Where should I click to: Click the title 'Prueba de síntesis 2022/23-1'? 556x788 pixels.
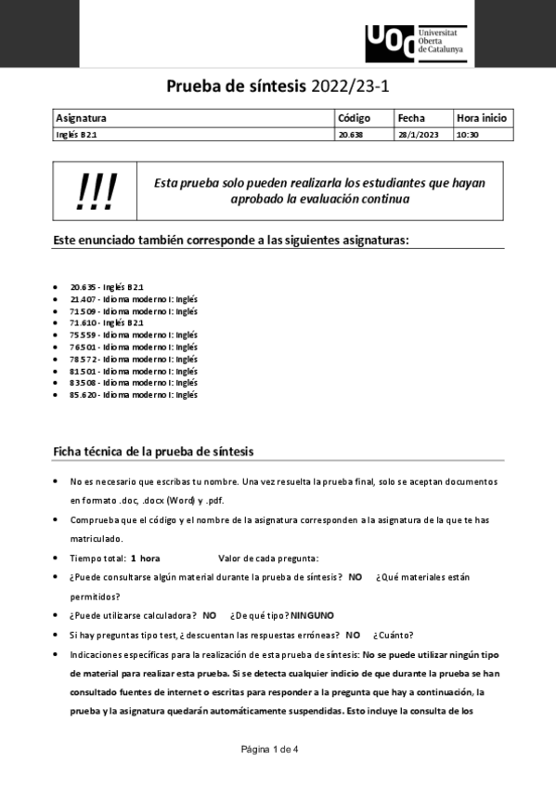(278, 86)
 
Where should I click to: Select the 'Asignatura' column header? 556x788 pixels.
(82, 118)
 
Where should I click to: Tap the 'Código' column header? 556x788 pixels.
(354, 118)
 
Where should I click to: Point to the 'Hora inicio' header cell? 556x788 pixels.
(481, 118)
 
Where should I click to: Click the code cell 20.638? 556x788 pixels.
(351, 134)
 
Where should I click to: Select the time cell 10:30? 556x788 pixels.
(467, 134)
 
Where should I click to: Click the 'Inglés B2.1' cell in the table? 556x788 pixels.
(77, 134)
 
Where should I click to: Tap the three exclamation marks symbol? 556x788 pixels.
(96, 191)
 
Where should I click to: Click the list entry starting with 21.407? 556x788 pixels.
(134, 299)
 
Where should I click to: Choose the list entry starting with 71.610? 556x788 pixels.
(107, 322)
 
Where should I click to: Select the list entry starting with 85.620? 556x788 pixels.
(134, 394)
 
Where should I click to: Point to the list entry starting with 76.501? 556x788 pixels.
(134, 347)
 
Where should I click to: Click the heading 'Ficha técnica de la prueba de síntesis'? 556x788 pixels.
(154, 451)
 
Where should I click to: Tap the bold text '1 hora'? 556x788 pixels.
(145, 558)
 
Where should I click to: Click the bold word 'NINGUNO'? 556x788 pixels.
(312, 615)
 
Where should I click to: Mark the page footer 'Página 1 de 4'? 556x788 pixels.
(269, 749)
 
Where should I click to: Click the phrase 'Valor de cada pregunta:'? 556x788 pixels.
(268, 558)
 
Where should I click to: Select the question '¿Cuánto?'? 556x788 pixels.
(394, 635)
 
